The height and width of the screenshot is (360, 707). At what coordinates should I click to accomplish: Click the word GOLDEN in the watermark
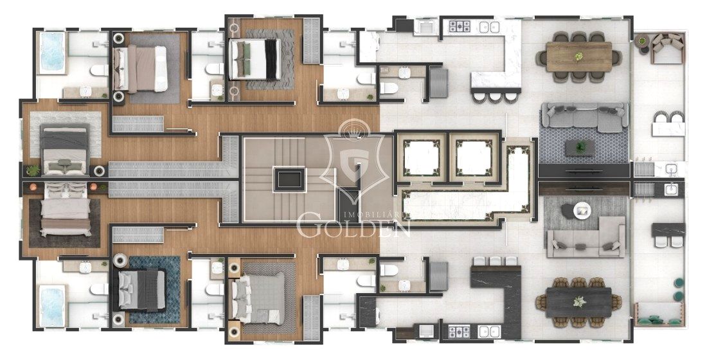[x=353, y=228]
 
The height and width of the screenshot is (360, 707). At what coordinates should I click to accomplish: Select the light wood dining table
[x=579, y=57]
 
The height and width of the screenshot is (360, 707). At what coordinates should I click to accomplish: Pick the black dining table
[x=579, y=301]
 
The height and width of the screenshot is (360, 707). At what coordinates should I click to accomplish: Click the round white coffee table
[x=582, y=210]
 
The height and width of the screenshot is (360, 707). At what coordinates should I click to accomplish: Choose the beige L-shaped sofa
[x=586, y=237]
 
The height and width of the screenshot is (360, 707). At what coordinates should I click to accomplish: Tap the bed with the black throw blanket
[x=255, y=59]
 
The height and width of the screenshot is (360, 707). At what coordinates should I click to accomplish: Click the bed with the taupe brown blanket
[x=140, y=69]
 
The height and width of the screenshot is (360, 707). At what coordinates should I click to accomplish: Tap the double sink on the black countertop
[x=488, y=332]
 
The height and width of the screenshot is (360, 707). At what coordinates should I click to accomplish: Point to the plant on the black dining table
[x=579, y=301]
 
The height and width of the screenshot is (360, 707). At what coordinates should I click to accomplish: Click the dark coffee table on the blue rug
[x=580, y=148]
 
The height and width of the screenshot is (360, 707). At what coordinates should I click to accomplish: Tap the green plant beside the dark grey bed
[x=33, y=170]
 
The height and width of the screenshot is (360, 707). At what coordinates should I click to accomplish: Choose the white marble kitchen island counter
[x=496, y=55]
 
